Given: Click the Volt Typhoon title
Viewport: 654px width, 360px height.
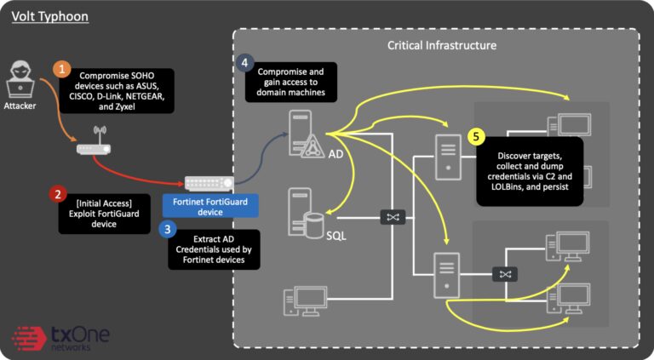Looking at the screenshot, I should pos(49,16).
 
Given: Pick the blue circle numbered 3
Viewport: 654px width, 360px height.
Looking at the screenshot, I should pos(167,228).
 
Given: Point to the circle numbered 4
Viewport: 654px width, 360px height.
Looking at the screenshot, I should pos(245,63).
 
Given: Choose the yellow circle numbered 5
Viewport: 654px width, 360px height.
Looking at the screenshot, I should pos(476,136).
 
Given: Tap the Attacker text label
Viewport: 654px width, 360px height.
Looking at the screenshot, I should pos(21,106).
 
